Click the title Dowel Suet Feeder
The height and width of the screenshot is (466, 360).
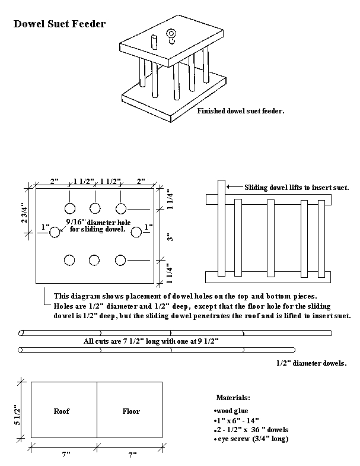[x=60, y=24]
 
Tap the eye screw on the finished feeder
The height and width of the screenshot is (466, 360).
[x=172, y=36]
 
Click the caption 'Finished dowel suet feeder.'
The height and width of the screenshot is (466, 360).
[x=241, y=110]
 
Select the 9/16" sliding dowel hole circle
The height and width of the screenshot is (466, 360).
[x=55, y=232]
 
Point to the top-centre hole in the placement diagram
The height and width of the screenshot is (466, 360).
[x=95, y=208]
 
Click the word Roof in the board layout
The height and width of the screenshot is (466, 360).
[x=62, y=410]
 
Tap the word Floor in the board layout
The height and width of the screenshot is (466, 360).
[x=131, y=410]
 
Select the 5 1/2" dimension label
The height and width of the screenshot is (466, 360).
[x=18, y=410]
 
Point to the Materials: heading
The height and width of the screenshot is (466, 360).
[x=232, y=397]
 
